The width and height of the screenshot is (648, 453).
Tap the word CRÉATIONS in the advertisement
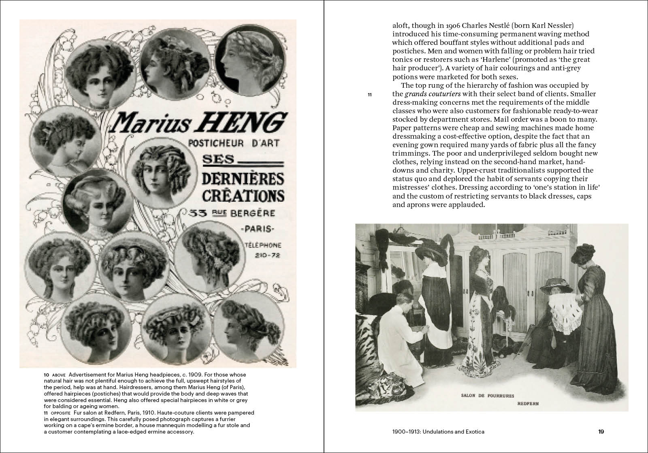[243, 195]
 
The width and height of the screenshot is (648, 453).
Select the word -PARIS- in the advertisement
[257, 230]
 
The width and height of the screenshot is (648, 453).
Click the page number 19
[601, 432]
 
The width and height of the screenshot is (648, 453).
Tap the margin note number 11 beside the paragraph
[369, 95]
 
